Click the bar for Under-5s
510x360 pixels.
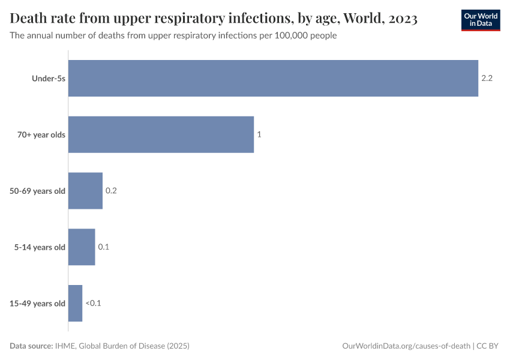(x=273, y=78)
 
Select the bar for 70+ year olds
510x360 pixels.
(x=161, y=134)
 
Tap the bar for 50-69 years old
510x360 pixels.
(x=85, y=191)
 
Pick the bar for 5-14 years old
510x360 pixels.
(x=82, y=247)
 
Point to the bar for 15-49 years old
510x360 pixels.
(x=75, y=303)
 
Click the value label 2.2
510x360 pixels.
(x=487, y=78)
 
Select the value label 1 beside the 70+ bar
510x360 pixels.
(x=259, y=134)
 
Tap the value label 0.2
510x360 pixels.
(x=111, y=191)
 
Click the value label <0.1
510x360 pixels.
(x=93, y=303)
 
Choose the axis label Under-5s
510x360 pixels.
(x=49, y=78)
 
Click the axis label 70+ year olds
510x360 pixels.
(x=41, y=134)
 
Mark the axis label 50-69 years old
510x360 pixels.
(x=37, y=191)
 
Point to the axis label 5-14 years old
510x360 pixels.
(x=40, y=247)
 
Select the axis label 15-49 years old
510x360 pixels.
(x=37, y=303)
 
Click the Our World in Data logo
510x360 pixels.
(x=481, y=20)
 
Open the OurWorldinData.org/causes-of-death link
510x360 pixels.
(x=406, y=346)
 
